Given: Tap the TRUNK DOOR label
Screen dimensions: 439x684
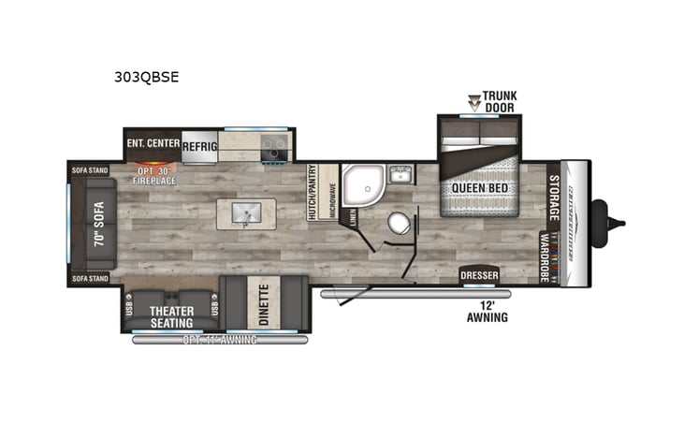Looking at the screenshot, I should coord(500,101).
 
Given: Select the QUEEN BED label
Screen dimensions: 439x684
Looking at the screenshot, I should coord(479,187).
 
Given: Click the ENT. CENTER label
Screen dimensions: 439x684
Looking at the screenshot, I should coord(153,144).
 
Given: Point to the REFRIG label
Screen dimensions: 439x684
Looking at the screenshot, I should coord(200,146).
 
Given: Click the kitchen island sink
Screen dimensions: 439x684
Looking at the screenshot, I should coord(243,213).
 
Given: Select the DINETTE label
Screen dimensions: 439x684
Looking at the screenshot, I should coord(263,301).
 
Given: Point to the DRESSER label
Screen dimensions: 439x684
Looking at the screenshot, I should coord(479,276).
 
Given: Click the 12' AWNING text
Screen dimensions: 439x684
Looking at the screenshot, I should coord(488,311).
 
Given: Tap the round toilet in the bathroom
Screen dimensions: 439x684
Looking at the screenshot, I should coord(400,224).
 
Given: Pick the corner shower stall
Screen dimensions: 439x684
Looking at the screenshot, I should coord(360,184).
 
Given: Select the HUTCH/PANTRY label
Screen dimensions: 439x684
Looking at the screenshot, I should coord(313,193).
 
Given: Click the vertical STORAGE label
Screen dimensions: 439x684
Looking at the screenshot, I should coord(553,197).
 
